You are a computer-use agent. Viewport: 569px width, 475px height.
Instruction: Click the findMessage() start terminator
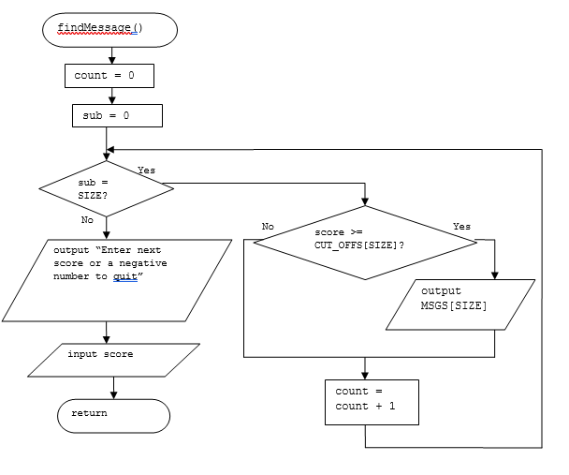coord(109,30)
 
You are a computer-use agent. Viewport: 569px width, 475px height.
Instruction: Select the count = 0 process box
coord(109,76)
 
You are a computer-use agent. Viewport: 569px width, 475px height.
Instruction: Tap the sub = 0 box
coord(117,116)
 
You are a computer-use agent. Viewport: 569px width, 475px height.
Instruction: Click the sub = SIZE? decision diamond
coord(107,188)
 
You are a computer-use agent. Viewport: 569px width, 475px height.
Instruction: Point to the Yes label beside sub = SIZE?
coord(146,170)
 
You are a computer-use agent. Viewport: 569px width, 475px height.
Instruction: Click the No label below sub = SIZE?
coord(87,220)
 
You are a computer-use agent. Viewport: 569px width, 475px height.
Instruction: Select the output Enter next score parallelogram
coord(117,280)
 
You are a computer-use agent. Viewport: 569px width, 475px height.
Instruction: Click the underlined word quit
coord(125,276)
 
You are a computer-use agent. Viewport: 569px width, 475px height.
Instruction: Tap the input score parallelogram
coord(113,361)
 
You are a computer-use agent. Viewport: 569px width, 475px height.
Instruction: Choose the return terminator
coord(113,416)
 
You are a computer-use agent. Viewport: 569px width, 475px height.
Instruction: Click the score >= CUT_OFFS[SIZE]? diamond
coord(365,243)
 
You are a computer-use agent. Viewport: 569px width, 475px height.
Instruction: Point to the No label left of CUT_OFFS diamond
coord(268,227)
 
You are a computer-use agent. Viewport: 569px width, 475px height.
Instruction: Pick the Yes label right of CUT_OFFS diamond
coord(461,227)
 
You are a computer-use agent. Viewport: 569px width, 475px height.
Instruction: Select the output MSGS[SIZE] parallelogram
coord(460,304)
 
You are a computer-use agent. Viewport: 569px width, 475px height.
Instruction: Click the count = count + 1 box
coord(372,402)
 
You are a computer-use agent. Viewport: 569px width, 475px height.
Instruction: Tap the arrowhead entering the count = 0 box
coord(112,60)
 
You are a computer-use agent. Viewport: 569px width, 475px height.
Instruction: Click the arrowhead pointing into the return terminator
coord(113,395)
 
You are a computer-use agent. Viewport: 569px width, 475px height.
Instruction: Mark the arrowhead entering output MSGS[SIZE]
coord(495,275)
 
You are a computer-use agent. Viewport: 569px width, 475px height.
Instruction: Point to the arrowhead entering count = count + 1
coord(365,376)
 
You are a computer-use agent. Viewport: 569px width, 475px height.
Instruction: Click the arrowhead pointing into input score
coord(107,339)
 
